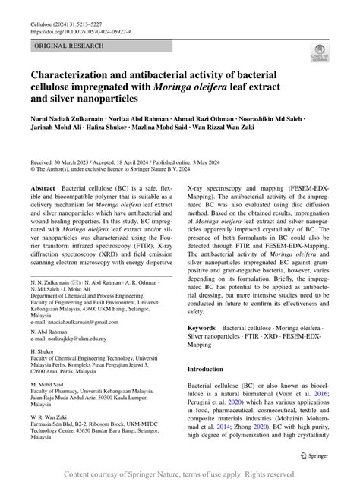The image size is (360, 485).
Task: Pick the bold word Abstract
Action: point(43,187)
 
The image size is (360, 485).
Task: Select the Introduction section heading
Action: point(210,370)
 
